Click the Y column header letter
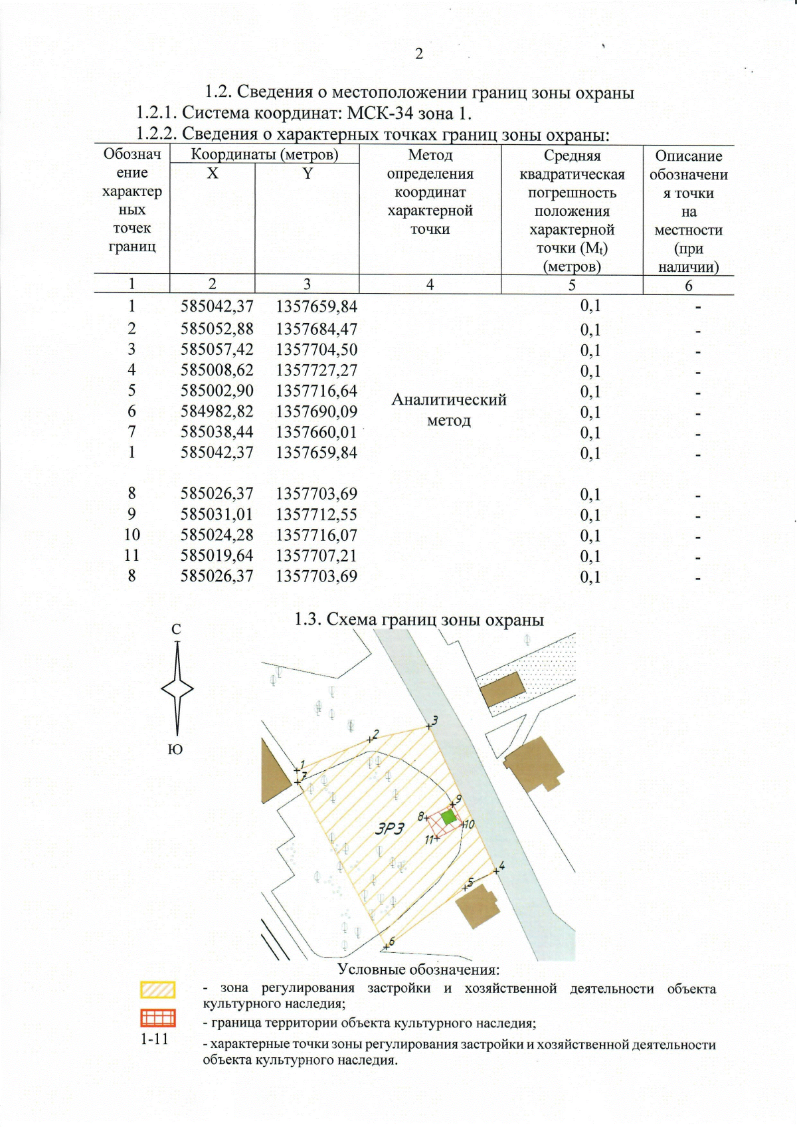point(308,173)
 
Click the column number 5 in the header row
point(571,284)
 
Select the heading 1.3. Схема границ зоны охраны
point(419,619)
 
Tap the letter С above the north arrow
point(176,629)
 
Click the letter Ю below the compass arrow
point(175,750)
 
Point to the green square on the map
point(449,817)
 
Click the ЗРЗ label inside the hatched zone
point(390,829)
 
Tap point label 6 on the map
point(391,941)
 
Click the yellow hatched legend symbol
point(158,990)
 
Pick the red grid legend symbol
point(158,1018)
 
